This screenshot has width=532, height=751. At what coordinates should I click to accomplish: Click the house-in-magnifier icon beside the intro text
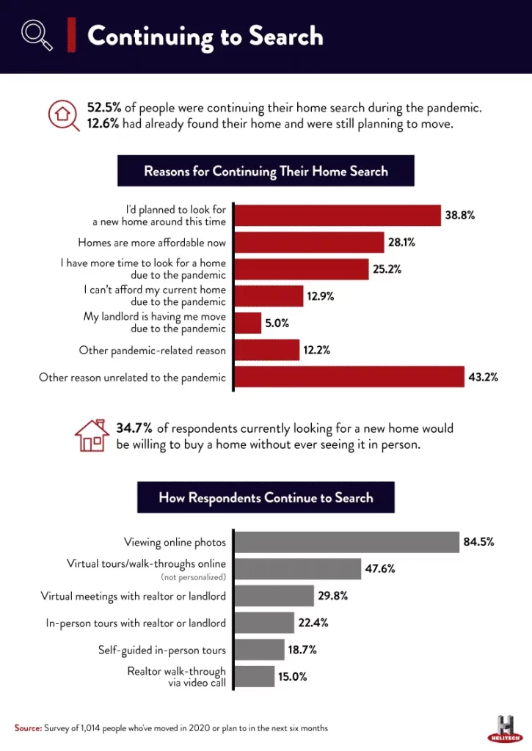pos(64,116)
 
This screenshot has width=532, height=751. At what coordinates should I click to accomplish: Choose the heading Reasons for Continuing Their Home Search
pos(266,172)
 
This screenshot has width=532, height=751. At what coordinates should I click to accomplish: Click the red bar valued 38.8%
pos(337,215)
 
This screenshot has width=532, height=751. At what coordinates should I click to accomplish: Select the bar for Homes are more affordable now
pos(309,242)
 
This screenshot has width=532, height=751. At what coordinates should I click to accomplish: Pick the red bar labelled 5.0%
pos(247,323)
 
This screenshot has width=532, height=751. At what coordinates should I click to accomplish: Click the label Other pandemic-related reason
pos(153,351)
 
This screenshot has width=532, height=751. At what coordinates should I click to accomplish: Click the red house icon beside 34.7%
pos(92,435)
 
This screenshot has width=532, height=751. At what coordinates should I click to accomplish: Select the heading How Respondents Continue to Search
pos(266,498)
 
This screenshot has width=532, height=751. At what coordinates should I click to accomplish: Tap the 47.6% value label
pos(381,569)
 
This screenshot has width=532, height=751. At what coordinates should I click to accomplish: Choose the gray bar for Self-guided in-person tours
pos(259,650)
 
